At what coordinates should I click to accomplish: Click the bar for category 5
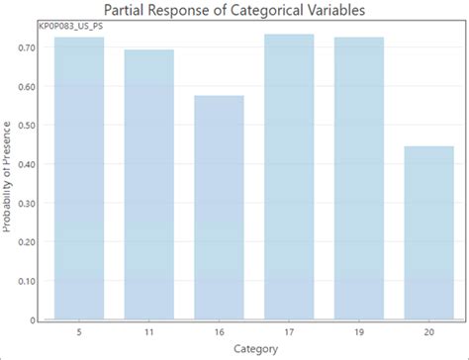pyautogui.click(x=79, y=178)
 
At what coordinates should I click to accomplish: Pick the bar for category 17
pyautogui.click(x=289, y=177)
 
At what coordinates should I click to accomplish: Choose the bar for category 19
pyautogui.click(x=359, y=178)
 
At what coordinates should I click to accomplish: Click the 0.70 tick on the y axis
pyautogui.click(x=28, y=47)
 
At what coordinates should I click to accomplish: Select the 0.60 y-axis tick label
pyautogui.click(x=28, y=86)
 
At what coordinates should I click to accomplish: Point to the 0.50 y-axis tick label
pyautogui.click(x=28, y=126)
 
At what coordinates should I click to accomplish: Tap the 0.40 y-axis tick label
pyautogui.click(x=28, y=164)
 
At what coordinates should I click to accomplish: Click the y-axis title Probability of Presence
pyautogui.click(x=8, y=179)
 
